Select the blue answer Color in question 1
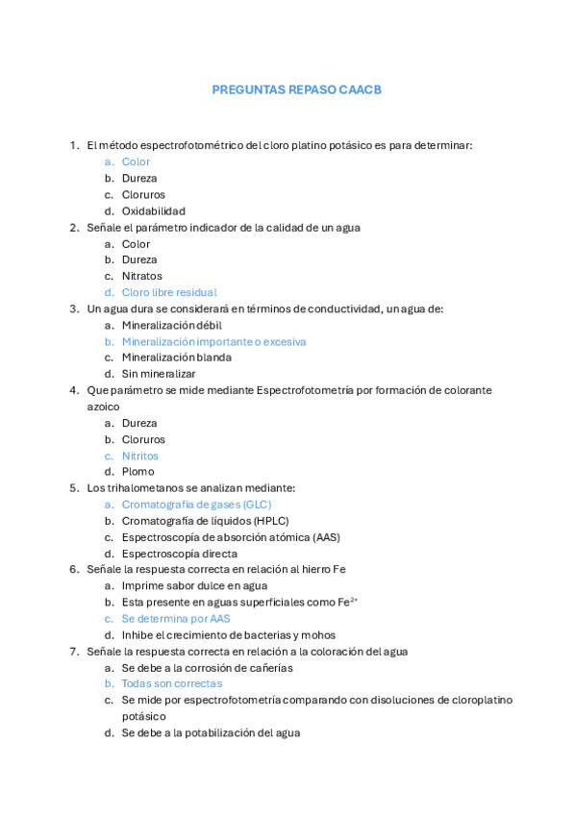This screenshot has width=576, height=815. [x=136, y=161]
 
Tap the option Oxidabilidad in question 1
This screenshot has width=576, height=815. [x=153, y=210]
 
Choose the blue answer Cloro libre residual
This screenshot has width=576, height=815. [x=168, y=292]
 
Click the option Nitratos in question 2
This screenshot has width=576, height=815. [x=141, y=276]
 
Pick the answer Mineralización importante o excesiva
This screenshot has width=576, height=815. [x=213, y=341]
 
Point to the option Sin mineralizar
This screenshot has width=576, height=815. [x=158, y=373]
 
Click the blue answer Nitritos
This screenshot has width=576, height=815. [x=139, y=456]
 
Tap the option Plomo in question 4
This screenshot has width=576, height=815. [x=138, y=472]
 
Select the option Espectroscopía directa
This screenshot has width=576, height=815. [x=179, y=554]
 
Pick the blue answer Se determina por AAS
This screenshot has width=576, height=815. [x=176, y=619]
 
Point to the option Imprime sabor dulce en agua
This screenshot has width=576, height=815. [x=194, y=585]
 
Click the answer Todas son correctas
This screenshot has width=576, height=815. [x=171, y=683]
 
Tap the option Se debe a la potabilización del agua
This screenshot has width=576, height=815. [x=211, y=732]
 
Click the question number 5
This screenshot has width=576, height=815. [x=74, y=488]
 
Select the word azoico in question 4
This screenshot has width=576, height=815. [x=103, y=407]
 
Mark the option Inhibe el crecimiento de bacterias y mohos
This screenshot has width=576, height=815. [x=228, y=635]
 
